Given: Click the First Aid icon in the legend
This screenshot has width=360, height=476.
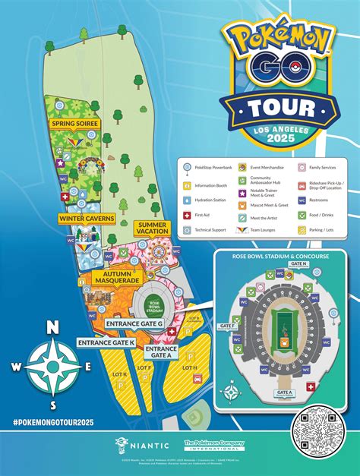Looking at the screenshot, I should [188, 215].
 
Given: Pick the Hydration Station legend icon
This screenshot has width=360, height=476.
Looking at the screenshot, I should [188, 199].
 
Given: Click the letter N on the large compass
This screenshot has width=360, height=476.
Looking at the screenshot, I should [52, 327].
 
